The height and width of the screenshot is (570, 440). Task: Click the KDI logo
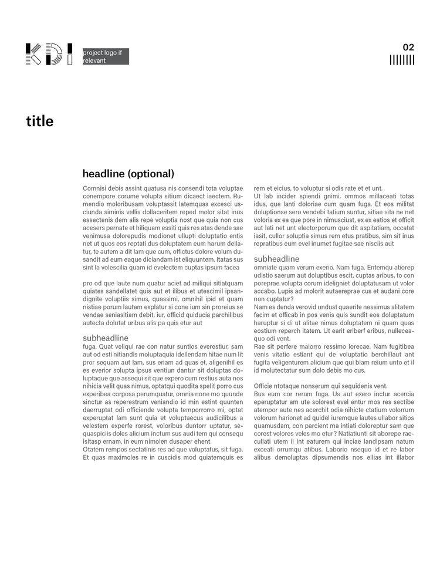click(x=49, y=54)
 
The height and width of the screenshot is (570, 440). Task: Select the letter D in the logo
click(x=53, y=54)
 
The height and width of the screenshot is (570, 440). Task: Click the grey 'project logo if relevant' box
click(x=106, y=57)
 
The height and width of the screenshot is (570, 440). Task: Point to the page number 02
click(x=408, y=47)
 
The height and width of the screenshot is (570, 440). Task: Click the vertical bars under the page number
click(x=402, y=60)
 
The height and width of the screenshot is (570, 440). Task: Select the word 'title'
click(x=39, y=122)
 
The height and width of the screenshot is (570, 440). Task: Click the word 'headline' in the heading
click(x=103, y=174)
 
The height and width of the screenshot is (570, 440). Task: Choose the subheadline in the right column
click(x=276, y=259)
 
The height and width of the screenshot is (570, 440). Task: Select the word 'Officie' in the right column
click(x=265, y=386)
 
